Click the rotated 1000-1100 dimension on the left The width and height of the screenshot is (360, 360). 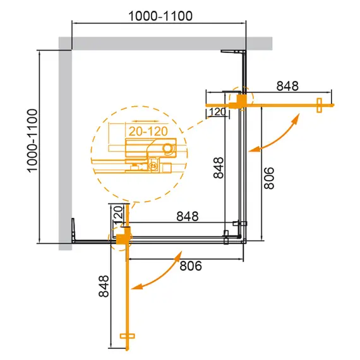coord(32,146)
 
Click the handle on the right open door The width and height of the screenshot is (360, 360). coord(320,104)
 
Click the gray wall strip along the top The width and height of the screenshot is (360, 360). coord(164,43)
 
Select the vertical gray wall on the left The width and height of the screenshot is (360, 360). coord(65,145)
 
